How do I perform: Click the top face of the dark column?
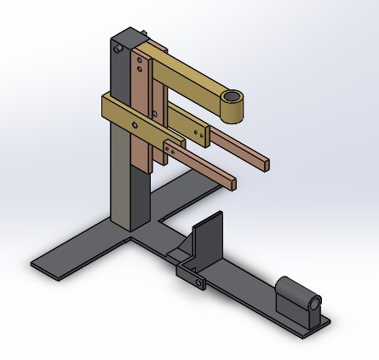[127, 37]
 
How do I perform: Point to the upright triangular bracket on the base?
[204, 238]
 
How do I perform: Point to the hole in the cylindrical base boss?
[313, 303]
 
